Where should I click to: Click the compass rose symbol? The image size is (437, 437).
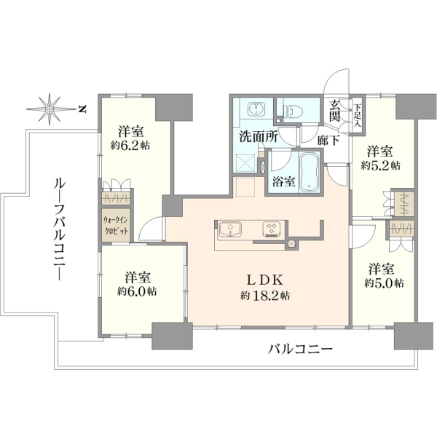[x=50, y=109]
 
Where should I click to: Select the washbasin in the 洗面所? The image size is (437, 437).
[x=256, y=109]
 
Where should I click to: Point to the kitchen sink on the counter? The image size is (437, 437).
[x=230, y=229]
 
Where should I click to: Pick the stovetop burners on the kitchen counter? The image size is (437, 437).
[x=271, y=229]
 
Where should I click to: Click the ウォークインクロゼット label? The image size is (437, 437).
[x=116, y=226]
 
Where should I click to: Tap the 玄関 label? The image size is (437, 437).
[x=334, y=111]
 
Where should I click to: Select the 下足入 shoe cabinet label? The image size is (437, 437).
[x=358, y=116]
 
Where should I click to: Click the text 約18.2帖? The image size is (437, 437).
[x=265, y=296]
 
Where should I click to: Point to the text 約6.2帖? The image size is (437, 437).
[x=130, y=145]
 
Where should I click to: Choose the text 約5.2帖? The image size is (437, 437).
[x=381, y=165]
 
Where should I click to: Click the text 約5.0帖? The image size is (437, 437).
[x=384, y=283]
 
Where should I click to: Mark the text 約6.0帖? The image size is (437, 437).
[x=137, y=291]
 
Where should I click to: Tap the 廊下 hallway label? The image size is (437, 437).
[x=328, y=141]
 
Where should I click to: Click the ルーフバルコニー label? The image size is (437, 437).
[x=59, y=229]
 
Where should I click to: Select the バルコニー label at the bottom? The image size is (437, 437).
[x=300, y=349]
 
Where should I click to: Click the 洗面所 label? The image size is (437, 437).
[x=259, y=137]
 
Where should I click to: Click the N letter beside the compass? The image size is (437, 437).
[x=82, y=109]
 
